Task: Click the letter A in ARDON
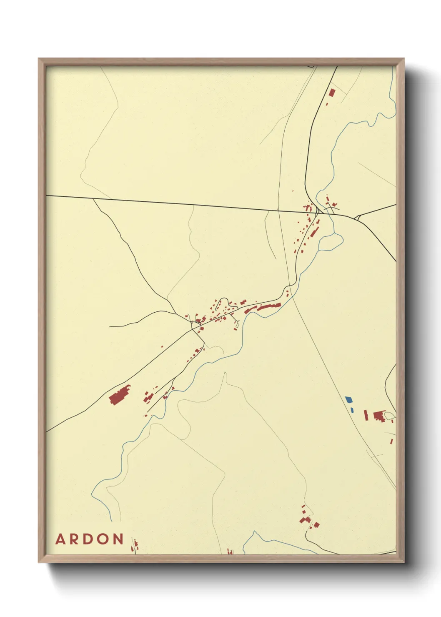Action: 61,539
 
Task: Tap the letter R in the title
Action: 75,539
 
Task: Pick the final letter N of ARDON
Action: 118,539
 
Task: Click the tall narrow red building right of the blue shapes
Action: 366,415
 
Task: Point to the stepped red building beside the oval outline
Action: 378,416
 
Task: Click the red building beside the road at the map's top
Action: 332,92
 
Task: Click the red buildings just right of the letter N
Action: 135,544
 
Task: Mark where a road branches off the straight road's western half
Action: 93,199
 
